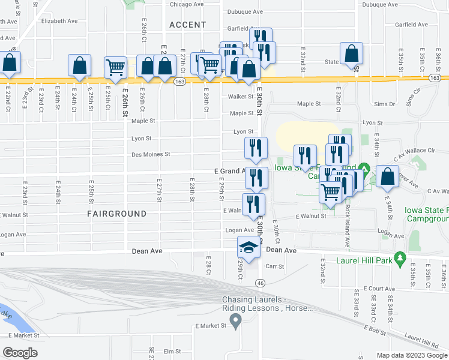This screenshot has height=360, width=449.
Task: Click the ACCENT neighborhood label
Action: pyautogui.click(x=187, y=25)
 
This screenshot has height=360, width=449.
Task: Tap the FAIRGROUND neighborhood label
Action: pyautogui.click(x=116, y=214)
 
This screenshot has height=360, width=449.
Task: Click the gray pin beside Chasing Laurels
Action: pyautogui.click(x=236, y=322)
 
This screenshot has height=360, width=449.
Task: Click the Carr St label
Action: pyautogui.click(x=274, y=265)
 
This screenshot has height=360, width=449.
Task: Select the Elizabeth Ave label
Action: pyautogui.click(x=59, y=20)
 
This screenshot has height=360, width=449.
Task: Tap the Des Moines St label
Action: pyautogui.click(x=151, y=154)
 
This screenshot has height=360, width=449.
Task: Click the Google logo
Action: pyautogui.click(x=20, y=352)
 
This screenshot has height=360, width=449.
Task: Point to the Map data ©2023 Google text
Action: pyautogui.click(x=411, y=355)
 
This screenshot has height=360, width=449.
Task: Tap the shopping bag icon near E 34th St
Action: pyautogui.click(x=387, y=177)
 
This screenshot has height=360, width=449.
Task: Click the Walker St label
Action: pyautogui.click(x=240, y=96)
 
